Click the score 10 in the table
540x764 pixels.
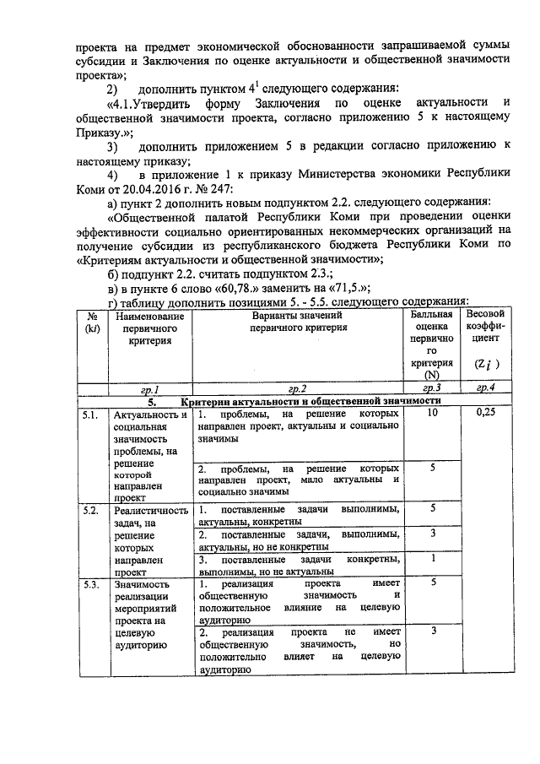pyautogui.click(x=432, y=415)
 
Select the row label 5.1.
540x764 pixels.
pyautogui.click(x=90, y=415)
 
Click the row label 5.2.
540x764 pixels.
pyautogui.click(x=90, y=510)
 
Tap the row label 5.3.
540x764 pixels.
pyautogui.click(x=90, y=583)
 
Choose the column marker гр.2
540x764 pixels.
pyautogui.click(x=296, y=388)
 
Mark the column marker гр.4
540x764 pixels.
pyautogui.click(x=485, y=388)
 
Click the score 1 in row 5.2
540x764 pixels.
pyautogui.click(x=432, y=558)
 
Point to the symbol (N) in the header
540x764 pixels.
pyautogui.click(x=432, y=374)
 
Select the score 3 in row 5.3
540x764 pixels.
pyautogui.click(x=432, y=631)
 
